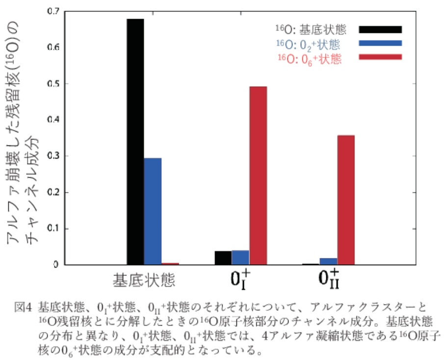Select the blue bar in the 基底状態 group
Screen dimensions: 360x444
pyautogui.click(x=153, y=211)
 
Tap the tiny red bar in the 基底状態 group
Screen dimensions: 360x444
pyautogui.click(x=170, y=264)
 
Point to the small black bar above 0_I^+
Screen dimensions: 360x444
pyautogui.click(x=223, y=258)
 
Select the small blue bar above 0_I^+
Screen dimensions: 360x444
pyautogui.click(x=240, y=257)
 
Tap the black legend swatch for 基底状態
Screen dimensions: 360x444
pyautogui.click(x=380, y=29)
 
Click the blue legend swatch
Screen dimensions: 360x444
pyautogui.click(x=380, y=43)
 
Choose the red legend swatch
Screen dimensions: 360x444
pyautogui.click(x=380, y=57)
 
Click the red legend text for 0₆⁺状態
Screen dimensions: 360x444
pyautogui.click(x=309, y=59)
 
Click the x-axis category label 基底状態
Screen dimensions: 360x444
pyautogui.click(x=144, y=280)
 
